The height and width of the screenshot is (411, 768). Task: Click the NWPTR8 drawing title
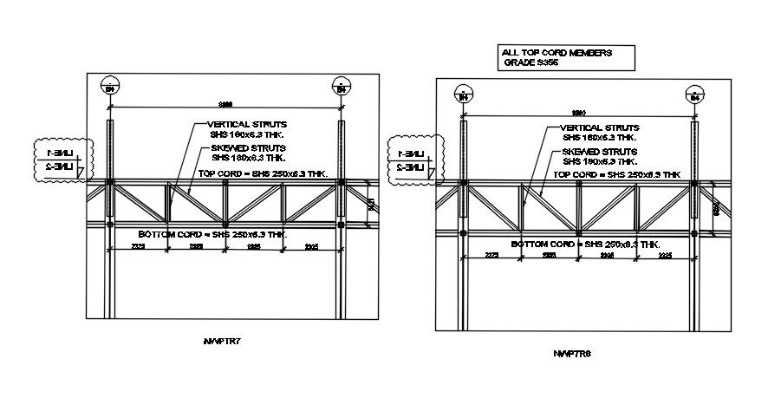pos(573,354)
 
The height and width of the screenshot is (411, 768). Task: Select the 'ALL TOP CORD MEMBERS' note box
pos(567,58)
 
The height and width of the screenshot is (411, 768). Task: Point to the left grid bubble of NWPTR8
pos(463,95)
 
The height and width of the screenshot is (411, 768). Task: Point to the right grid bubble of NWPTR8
pos(694,95)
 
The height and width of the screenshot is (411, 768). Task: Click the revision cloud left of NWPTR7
pos(61,160)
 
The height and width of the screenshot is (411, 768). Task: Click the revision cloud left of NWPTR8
pos(414,160)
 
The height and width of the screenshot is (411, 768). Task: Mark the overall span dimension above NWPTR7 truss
pos(225,104)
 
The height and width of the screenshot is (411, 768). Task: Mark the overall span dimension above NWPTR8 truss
pos(578,113)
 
